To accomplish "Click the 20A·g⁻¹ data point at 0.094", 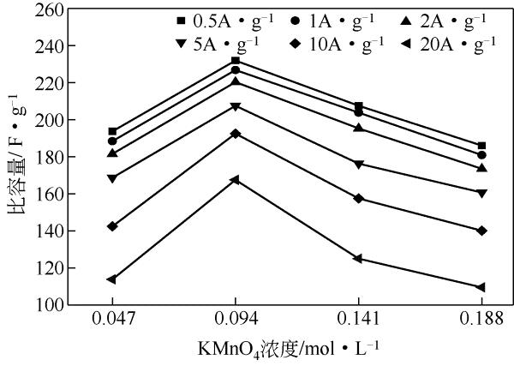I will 235,180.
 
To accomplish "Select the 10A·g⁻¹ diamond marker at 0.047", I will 112,226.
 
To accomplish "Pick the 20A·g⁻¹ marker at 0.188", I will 481,287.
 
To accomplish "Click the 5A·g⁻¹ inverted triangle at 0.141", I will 358,164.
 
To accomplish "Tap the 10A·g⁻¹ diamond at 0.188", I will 481,231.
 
